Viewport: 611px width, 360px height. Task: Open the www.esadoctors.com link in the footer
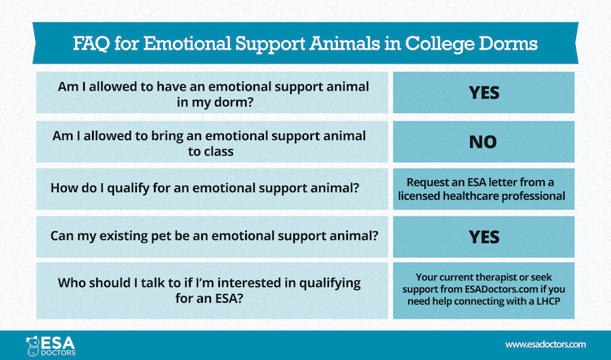[547, 345]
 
